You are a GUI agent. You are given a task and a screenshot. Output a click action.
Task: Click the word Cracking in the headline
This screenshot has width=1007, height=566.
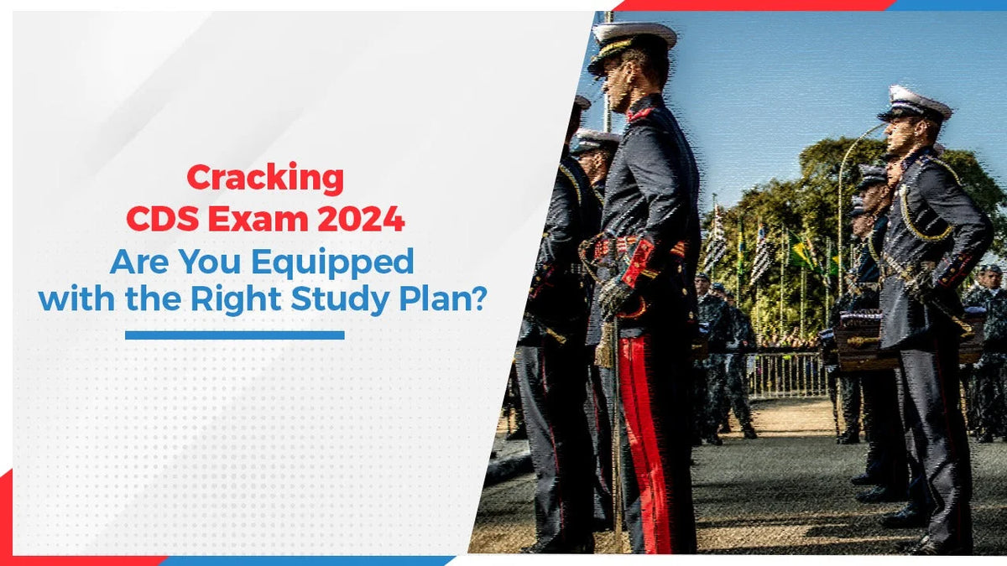click(x=265, y=179)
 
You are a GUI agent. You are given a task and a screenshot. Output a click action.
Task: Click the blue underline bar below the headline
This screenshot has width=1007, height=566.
click(x=234, y=335)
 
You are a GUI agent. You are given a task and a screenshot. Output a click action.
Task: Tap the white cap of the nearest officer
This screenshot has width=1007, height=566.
click(x=634, y=35)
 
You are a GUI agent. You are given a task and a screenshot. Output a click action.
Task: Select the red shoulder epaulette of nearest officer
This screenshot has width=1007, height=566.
click(x=641, y=113)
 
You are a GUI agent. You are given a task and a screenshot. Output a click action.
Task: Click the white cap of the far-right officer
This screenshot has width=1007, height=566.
click(x=915, y=101)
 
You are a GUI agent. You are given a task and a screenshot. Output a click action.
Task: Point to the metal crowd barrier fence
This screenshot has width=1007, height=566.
click(x=785, y=373)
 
